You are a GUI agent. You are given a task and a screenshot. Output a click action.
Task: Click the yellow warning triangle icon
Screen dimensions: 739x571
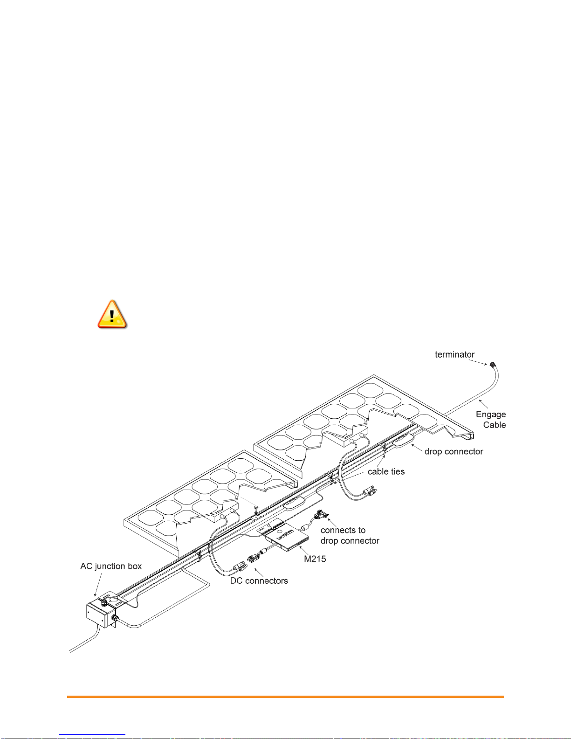[112, 314]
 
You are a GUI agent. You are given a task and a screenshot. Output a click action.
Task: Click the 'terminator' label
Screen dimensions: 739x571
[454, 354]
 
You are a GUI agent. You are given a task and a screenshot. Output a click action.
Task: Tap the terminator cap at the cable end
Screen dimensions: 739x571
[492, 364]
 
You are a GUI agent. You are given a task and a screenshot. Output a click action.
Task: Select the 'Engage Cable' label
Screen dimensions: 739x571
[491, 419]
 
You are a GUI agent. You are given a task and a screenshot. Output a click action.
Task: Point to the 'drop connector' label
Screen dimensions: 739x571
[454, 451]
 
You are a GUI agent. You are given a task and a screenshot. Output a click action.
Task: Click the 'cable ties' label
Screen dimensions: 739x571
[386, 471]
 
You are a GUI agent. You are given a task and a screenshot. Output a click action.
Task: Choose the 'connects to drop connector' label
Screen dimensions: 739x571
[350, 535]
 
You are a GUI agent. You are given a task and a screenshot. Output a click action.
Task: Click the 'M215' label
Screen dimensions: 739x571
[315, 559]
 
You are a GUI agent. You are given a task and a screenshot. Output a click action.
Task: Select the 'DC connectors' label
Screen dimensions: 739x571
[259, 580]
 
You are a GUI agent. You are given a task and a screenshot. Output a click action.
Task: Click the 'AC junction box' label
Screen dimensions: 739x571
[111, 566]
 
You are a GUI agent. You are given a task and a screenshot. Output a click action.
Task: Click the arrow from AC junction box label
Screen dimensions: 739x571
[99, 585]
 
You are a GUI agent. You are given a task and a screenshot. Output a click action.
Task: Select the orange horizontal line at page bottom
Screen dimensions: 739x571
[285, 697]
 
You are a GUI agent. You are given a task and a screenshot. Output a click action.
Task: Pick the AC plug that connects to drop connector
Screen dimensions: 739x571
[321, 514]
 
